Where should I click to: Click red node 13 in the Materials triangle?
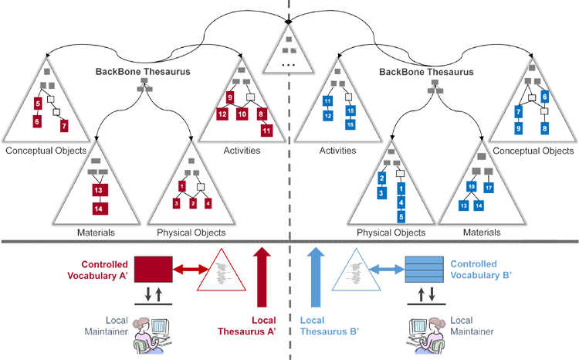[97, 189]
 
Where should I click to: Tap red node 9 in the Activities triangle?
[230, 98]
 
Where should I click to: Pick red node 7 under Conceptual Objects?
[64, 124]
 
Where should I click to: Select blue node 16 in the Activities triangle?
[350, 124]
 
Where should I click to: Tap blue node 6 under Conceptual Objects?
[544, 97]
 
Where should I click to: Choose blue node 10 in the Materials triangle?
[472, 186]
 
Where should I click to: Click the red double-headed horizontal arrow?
[191, 270]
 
